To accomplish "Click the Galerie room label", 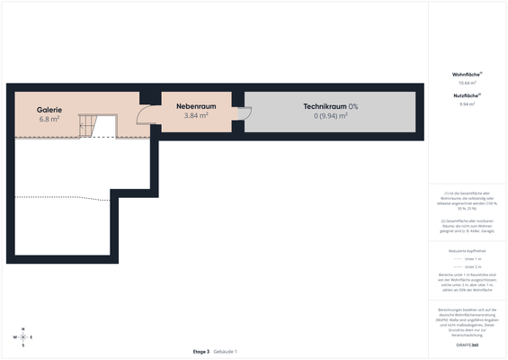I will pyautogui.click(x=49, y=109).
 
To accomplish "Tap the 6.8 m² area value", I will pyautogui.click(x=49, y=119).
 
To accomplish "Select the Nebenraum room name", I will pyautogui.click(x=196, y=106).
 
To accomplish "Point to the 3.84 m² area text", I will pyautogui.click(x=196, y=115).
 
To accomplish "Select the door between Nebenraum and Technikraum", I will pyautogui.click(x=244, y=113).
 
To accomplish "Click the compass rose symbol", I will pyautogui.click(x=23, y=337).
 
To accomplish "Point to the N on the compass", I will pyautogui.click(x=23, y=328).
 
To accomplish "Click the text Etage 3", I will pyautogui.click(x=201, y=351).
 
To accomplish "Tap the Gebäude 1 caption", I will pyautogui.click(x=225, y=351).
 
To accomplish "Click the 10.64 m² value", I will pyautogui.click(x=467, y=83).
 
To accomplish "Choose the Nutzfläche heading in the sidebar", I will pyautogui.click(x=467, y=94).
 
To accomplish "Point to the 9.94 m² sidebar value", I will pyautogui.click(x=467, y=103).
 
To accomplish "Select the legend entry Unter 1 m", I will pyautogui.click(x=471, y=258).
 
